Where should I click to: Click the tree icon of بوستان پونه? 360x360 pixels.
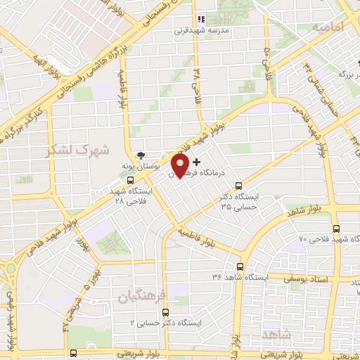point(143,155)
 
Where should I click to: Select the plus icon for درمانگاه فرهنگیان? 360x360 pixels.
point(196,162)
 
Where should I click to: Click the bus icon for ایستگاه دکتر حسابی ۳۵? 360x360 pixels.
point(239,186)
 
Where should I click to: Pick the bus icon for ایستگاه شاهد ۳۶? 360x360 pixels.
point(240,266)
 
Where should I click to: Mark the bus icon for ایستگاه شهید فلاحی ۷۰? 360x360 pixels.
point(335,229)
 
